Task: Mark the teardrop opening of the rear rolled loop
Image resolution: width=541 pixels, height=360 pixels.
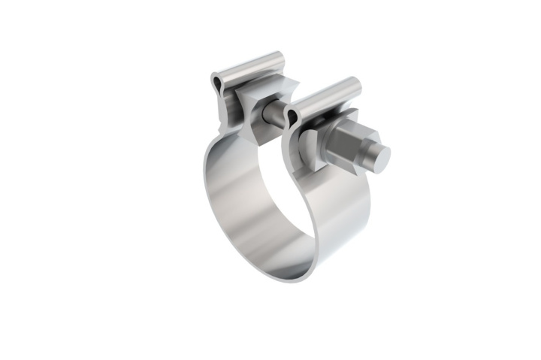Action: [x=217, y=81]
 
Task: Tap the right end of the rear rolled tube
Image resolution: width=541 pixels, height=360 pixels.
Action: [x=280, y=57]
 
